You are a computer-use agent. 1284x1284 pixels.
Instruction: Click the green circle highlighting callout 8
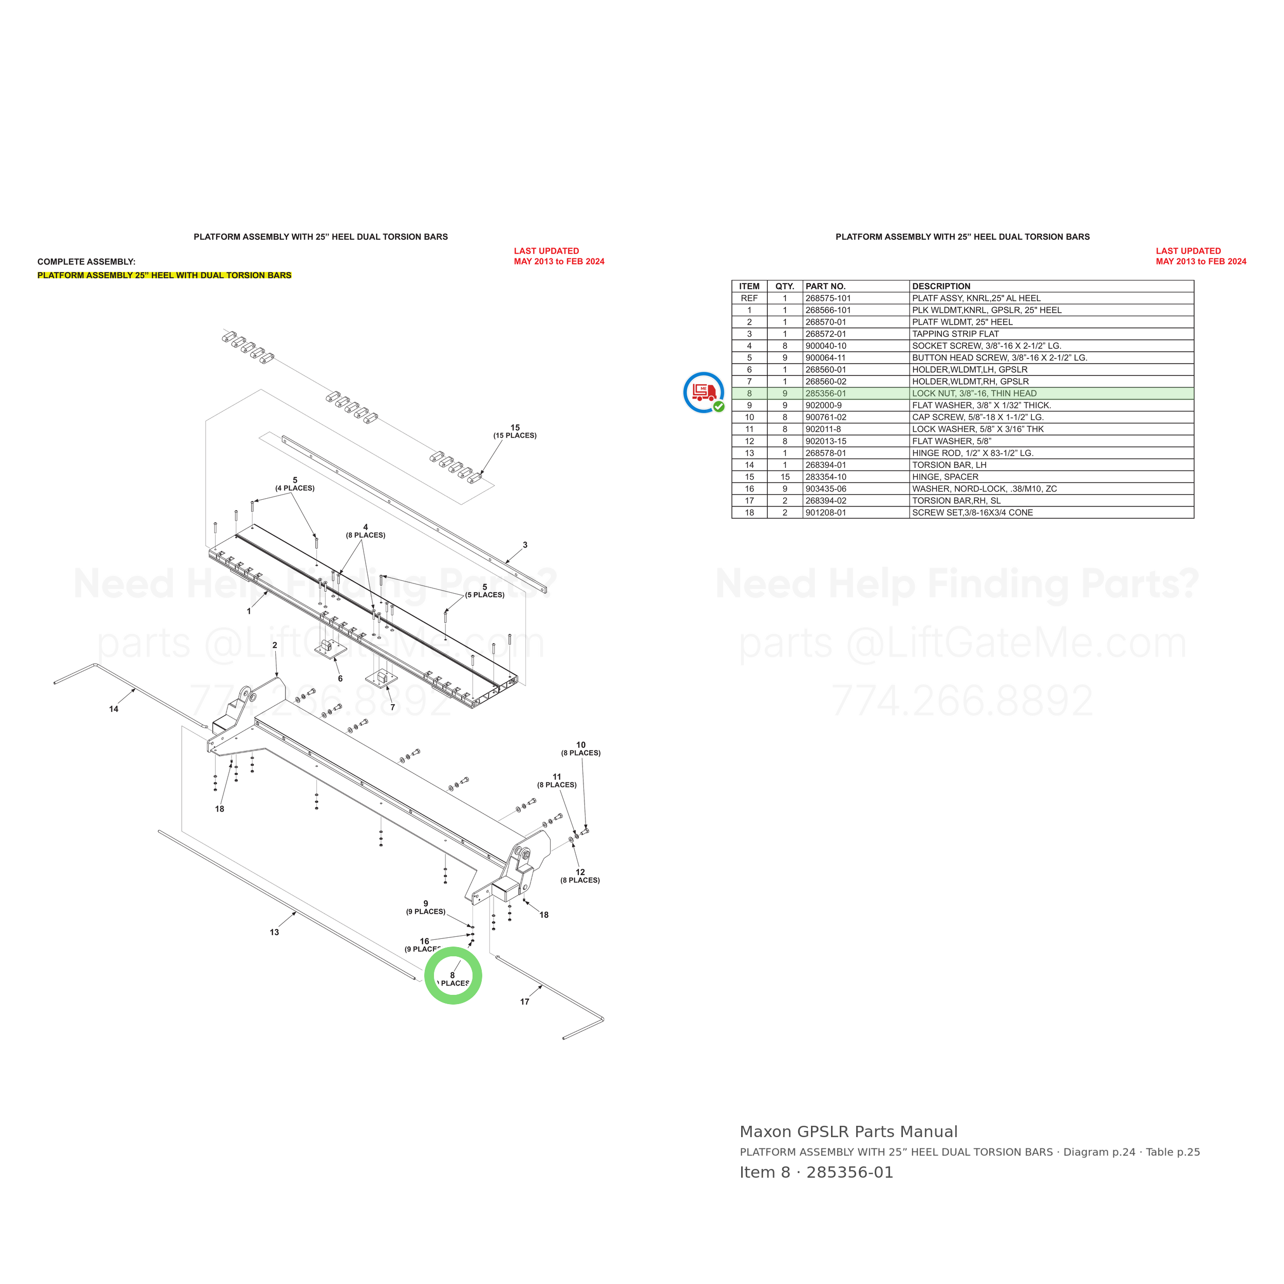tap(454, 950)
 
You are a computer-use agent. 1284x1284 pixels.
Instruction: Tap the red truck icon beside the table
tap(704, 392)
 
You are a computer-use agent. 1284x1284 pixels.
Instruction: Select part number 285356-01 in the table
tap(825, 393)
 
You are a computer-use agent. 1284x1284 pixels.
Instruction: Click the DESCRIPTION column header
tap(941, 287)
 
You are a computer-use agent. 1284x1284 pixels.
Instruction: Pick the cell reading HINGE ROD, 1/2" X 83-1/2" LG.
tap(972, 454)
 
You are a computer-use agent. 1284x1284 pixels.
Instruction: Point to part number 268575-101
tap(828, 298)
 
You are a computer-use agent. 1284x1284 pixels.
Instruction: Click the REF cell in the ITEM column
tap(749, 298)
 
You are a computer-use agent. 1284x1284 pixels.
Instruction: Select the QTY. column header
tap(785, 287)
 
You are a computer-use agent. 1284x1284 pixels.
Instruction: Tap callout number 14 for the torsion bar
tap(114, 709)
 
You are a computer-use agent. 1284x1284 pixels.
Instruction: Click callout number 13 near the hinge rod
tap(274, 932)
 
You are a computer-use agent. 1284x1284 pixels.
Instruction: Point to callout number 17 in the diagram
tap(525, 1002)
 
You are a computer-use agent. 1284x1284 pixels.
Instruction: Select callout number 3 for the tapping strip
tap(525, 545)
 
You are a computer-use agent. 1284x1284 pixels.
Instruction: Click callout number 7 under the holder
tap(393, 707)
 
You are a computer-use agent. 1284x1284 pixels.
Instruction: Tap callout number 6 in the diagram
tap(341, 678)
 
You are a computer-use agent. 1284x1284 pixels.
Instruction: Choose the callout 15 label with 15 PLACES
tap(515, 431)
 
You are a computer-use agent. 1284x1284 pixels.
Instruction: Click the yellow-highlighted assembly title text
tap(164, 275)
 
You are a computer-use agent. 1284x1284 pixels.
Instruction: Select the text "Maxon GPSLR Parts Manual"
tap(848, 1132)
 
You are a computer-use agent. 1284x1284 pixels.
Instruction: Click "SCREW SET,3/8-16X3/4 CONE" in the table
tap(972, 513)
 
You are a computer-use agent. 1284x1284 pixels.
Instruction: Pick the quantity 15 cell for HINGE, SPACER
tap(785, 477)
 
